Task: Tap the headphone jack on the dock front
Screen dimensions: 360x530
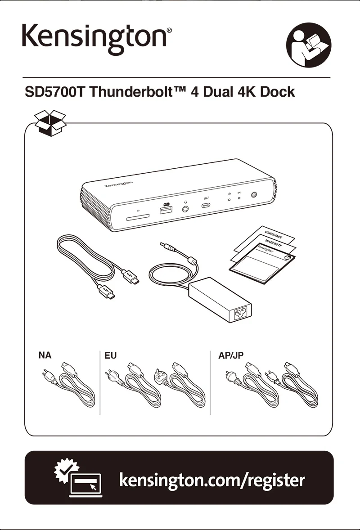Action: click(185, 208)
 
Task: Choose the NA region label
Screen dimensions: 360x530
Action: click(45, 355)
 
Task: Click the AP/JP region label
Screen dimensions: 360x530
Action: click(231, 355)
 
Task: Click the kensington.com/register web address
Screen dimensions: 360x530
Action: click(212, 480)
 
